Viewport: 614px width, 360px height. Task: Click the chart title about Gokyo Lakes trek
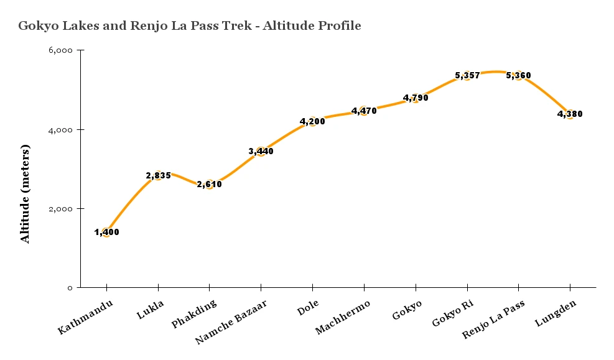190,26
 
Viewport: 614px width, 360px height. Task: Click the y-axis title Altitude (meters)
26,194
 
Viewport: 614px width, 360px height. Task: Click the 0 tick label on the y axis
70,288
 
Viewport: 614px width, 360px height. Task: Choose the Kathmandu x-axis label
86,316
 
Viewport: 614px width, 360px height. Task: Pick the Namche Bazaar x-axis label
231,321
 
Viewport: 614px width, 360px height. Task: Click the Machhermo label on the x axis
343,316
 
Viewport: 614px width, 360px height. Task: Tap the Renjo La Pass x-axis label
493,320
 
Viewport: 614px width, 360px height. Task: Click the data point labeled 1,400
106,233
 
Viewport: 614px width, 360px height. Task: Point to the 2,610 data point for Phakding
209,184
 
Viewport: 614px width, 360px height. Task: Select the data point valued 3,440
261,151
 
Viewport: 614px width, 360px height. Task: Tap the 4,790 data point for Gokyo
416,98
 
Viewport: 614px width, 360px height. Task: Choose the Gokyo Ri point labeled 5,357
467,75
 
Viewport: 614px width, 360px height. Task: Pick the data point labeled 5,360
518,75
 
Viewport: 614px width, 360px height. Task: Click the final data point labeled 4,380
570,114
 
